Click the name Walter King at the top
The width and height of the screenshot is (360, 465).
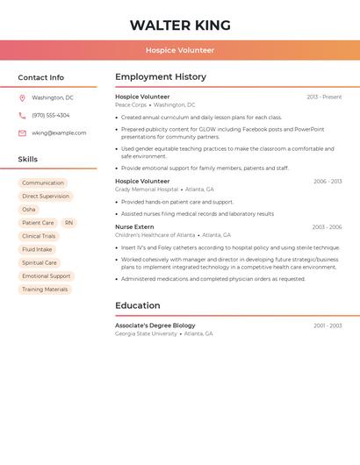[x=180, y=25]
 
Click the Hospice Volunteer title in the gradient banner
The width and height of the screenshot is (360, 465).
[x=180, y=50]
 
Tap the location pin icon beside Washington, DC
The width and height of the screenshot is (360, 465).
[x=22, y=98]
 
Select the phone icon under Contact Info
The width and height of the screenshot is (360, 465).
[x=22, y=115]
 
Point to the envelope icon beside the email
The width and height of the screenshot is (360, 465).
[x=22, y=133]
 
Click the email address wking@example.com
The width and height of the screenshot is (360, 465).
[x=59, y=133]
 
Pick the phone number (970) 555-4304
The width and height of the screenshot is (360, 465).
[x=51, y=115]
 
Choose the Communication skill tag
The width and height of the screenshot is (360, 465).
[x=43, y=183]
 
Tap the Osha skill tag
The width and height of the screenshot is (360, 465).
[x=29, y=210]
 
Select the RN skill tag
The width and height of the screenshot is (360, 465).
[x=69, y=223]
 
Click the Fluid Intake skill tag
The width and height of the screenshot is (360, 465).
[x=37, y=249]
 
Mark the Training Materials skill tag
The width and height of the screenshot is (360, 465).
[x=45, y=289]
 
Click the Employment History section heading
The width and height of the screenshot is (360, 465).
[x=161, y=77]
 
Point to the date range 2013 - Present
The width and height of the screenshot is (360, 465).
[x=324, y=97]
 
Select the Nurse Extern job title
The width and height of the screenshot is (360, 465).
[x=134, y=226]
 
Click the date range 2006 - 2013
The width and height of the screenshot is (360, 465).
[x=328, y=181]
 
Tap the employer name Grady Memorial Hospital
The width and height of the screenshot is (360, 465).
[x=146, y=190]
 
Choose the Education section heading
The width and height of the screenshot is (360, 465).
[x=138, y=305]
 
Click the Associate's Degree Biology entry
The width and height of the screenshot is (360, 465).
[x=155, y=325]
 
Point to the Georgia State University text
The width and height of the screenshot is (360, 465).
[x=146, y=334]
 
